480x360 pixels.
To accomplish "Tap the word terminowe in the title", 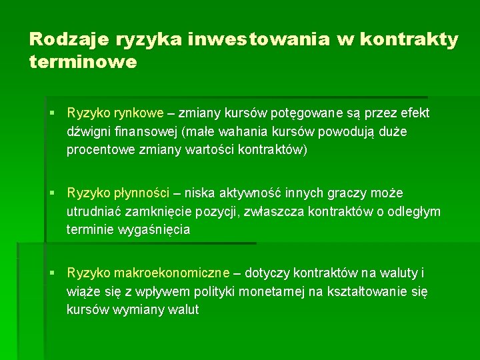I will tap(83, 62).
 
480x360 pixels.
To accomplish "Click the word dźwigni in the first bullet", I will tap(89, 132).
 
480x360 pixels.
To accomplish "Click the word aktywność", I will tap(249, 193).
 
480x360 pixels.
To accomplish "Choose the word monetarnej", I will tap(260, 292).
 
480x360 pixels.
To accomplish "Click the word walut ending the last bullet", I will tap(184, 310).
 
